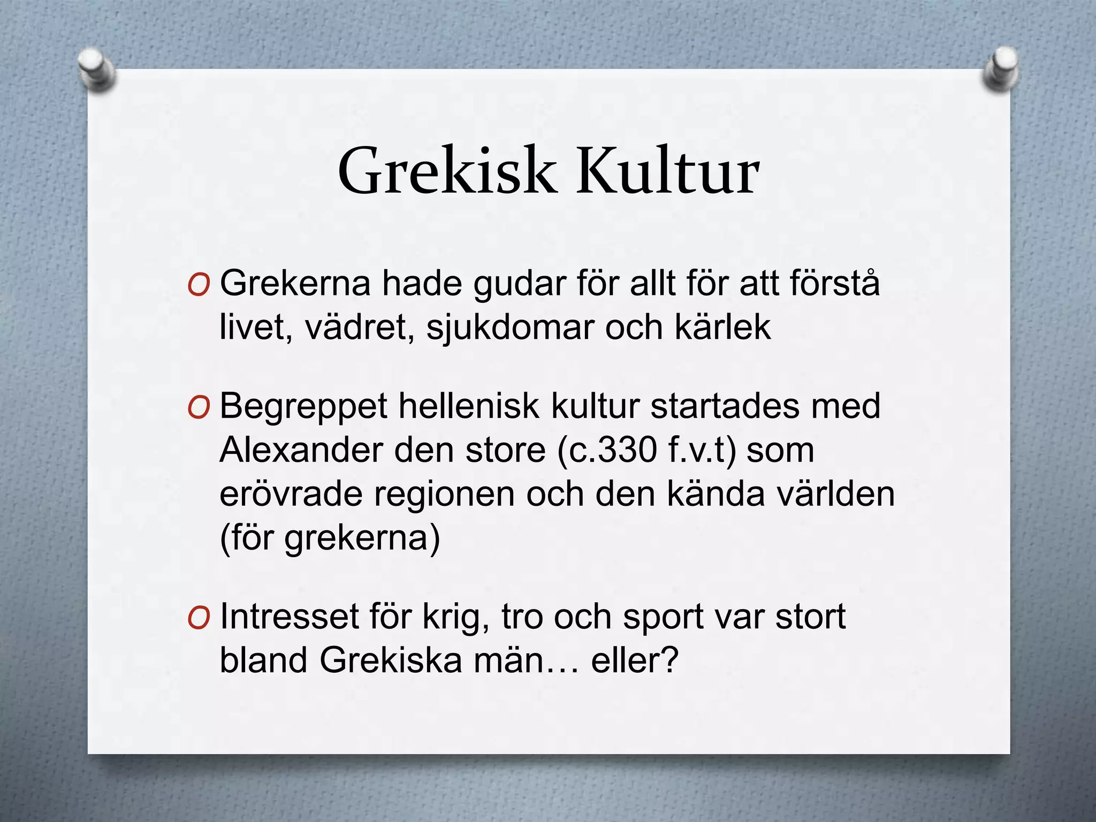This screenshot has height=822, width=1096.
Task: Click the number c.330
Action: point(607,450)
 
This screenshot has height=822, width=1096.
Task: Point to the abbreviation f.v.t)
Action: point(702,450)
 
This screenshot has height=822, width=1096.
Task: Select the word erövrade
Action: point(291,494)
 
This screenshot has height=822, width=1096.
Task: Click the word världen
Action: point(835,494)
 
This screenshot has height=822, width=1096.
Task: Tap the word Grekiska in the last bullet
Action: point(391,660)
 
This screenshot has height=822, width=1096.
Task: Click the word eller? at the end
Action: point(635,660)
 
